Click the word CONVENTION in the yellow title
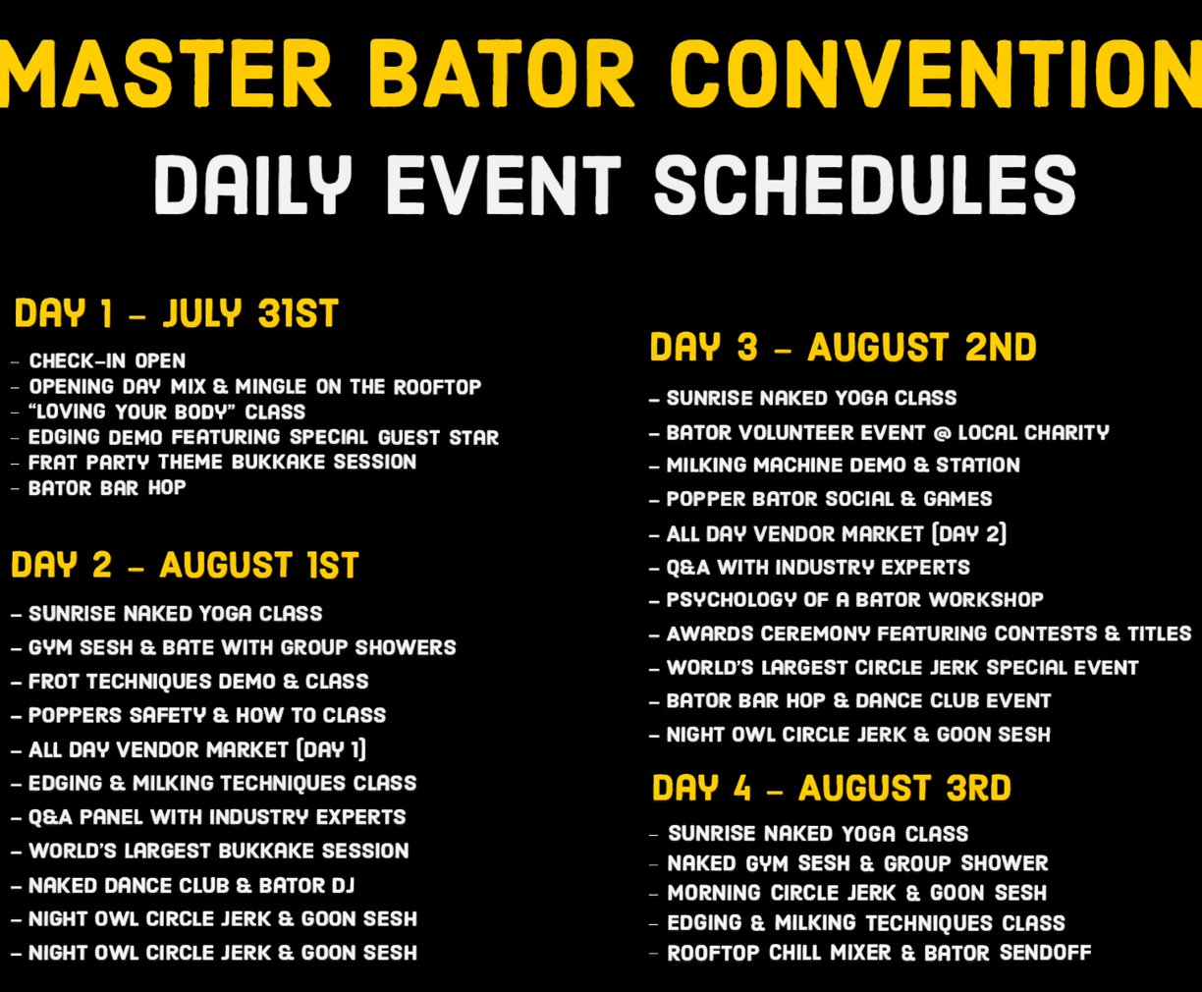click(935, 74)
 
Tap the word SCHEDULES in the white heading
click(865, 186)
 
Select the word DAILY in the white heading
click(252, 186)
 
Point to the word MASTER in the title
click(166, 74)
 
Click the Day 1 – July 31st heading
click(176, 313)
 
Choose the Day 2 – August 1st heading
click(185, 565)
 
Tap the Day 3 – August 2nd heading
click(843, 347)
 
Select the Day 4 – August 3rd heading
click(831, 788)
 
